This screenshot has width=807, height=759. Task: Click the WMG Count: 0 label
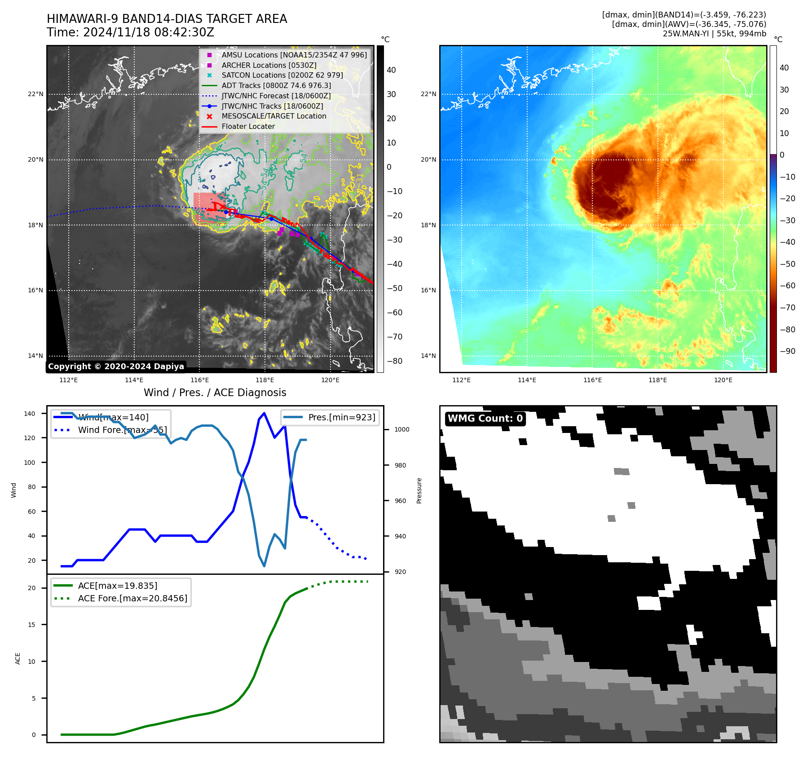click(485, 419)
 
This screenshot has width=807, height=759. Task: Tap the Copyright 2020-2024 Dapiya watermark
click(116, 366)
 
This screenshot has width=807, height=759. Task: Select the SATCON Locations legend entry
click(282, 75)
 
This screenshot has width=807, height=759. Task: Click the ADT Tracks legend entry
click(276, 85)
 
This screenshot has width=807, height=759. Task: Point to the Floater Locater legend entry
click(248, 127)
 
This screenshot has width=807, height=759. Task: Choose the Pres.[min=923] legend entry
click(341, 417)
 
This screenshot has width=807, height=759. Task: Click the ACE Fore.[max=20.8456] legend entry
click(132, 598)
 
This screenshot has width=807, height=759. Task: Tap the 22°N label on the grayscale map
click(36, 94)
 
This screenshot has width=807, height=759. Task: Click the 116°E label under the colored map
click(592, 380)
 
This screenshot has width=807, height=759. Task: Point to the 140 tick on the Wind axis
click(30, 414)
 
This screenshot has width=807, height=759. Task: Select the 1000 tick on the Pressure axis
click(402, 430)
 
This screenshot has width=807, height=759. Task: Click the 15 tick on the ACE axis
click(31, 625)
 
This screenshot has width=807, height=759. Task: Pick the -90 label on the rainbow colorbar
click(787, 351)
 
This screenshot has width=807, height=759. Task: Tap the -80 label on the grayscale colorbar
click(395, 361)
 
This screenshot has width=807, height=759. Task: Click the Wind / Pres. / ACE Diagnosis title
click(215, 393)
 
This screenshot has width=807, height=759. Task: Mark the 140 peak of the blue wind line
click(264, 413)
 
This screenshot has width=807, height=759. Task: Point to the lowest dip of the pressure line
click(264, 566)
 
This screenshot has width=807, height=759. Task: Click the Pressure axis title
click(419, 490)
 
